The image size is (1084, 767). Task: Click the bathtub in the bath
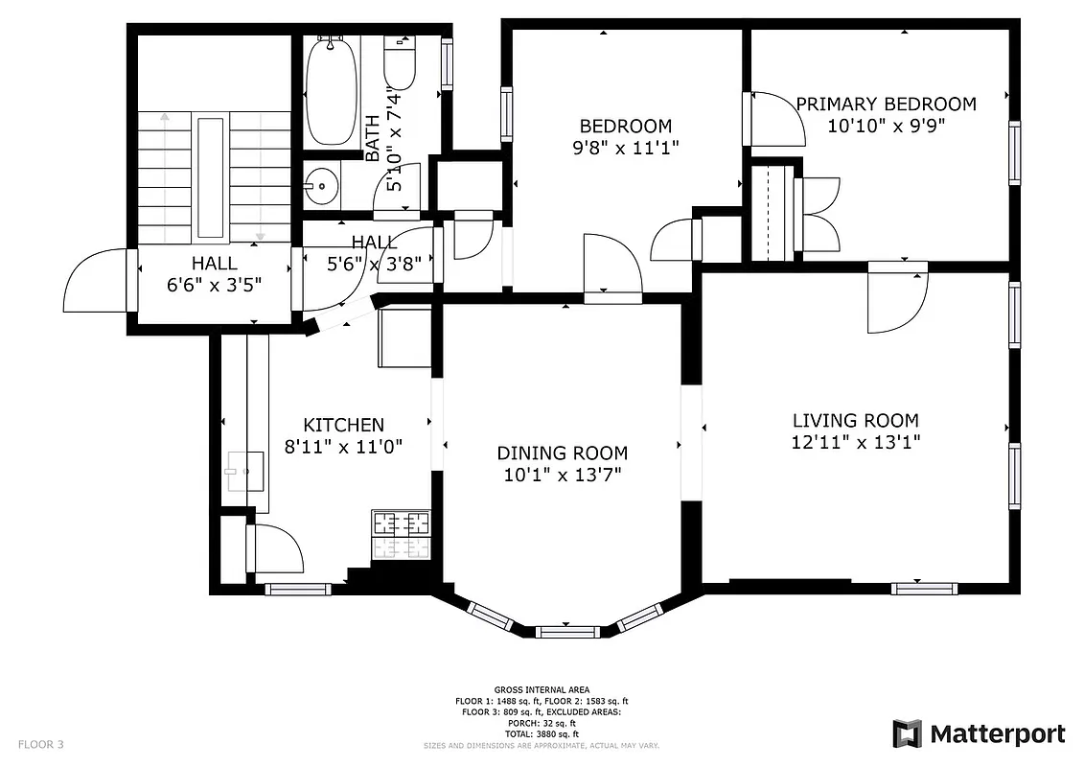(x=332, y=91)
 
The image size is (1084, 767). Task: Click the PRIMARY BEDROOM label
(x=886, y=104)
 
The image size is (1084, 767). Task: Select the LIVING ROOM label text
(x=855, y=420)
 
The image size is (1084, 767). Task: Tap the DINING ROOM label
(x=562, y=453)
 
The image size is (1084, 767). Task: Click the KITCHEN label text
(x=343, y=424)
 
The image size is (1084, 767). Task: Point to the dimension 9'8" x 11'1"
(x=625, y=148)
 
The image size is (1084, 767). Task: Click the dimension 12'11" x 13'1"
(x=855, y=442)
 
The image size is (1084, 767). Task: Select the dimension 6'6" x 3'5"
(x=214, y=285)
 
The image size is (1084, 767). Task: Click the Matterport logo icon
(x=907, y=733)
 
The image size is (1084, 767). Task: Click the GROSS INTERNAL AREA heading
(x=542, y=689)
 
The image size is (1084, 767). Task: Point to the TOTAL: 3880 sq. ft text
(x=542, y=734)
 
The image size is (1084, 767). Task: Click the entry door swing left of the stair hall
(x=96, y=280)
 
